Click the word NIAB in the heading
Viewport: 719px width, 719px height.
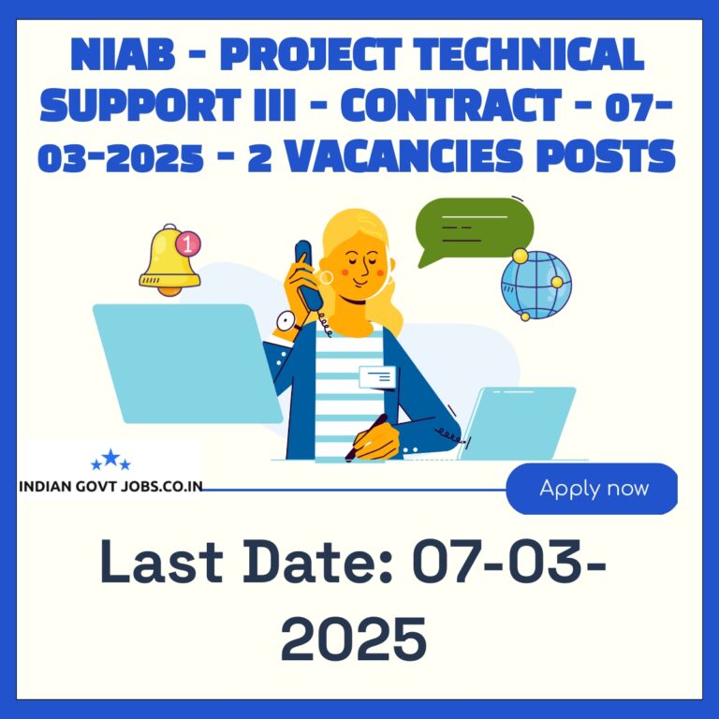pyautogui.click(x=123, y=54)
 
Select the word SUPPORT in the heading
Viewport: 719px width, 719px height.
pyautogui.click(x=140, y=105)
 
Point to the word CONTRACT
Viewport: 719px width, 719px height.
pyautogui.click(x=451, y=105)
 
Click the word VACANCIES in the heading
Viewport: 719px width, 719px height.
pyautogui.click(x=404, y=156)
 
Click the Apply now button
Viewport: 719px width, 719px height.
pyautogui.click(x=592, y=489)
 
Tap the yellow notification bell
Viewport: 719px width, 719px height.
pyautogui.click(x=169, y=260)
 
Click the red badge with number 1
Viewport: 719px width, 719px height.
pyautogui.click(x=188, y=243)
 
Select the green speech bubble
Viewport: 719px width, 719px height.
pyautogui.click(x=475, y=229)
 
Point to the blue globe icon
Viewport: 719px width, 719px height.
pyautogui.click(x=536, y=285)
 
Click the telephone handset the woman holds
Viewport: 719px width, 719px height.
pyautogui.click(x=307, y=275)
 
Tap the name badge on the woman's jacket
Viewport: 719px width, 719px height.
pyautogui.click(x=377, y=377)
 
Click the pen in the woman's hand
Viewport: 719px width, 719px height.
pyautogui.click(x=366, y=437)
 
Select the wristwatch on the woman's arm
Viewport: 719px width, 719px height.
pyautogui.click(x=286, y=321)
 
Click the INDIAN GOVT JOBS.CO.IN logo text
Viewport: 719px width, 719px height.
pyautogui.click(x=110, y=487)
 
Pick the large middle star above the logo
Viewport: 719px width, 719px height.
pyautogui.click(x=110, y=457)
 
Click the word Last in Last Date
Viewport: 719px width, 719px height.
pyautogui.click(x=161, y=562)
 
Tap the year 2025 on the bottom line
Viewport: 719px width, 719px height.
pyautogui.click(x=354, y=638)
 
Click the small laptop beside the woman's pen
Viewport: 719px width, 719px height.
pyautogui.click(x=518, y=424)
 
